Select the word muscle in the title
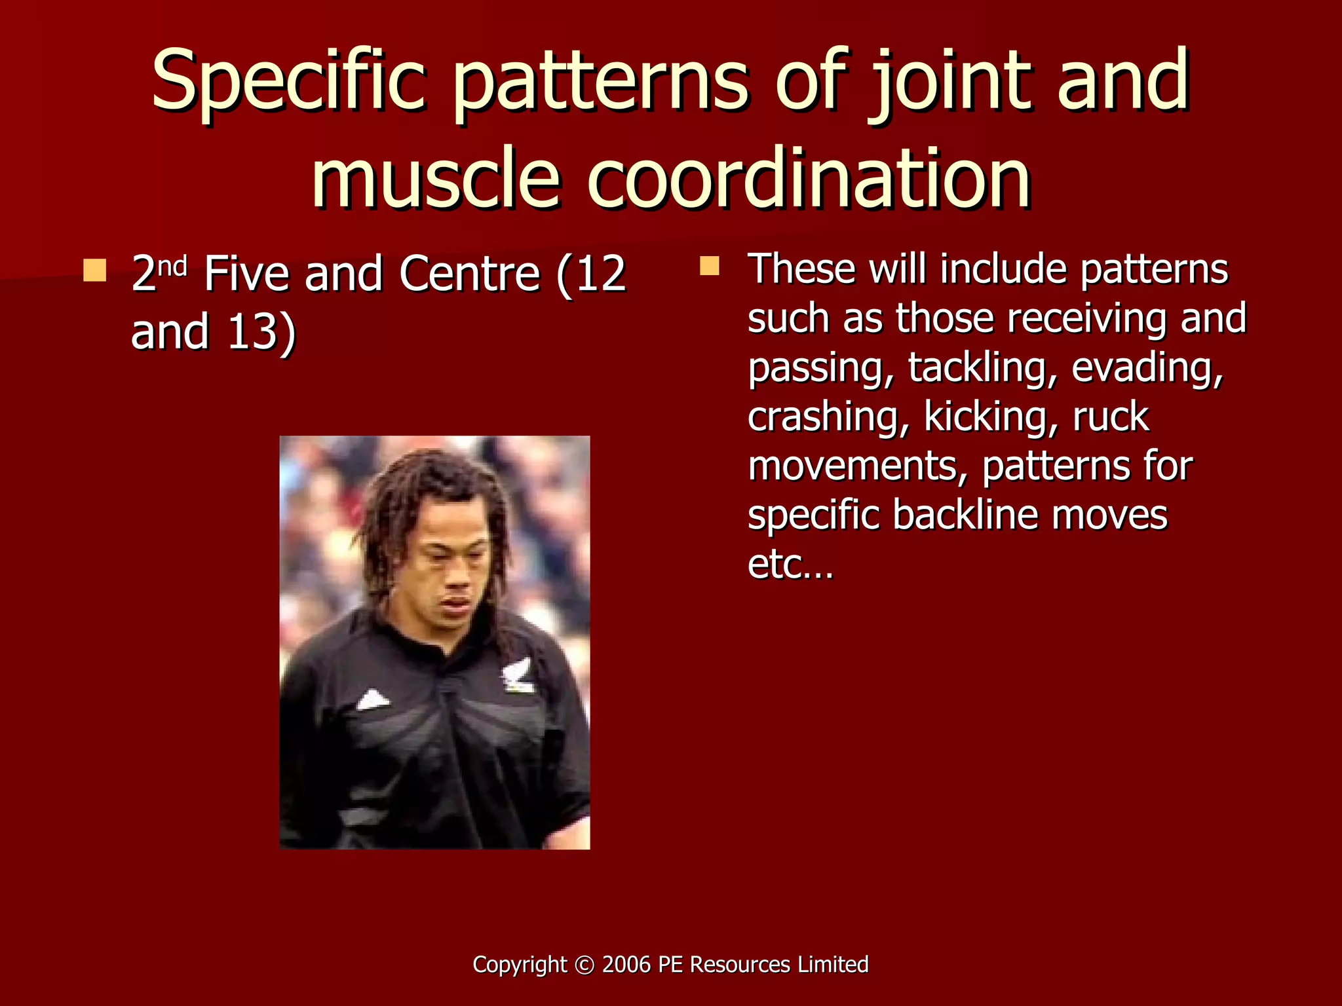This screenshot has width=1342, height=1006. tap(436, 178)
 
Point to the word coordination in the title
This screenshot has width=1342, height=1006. tap(809, 178)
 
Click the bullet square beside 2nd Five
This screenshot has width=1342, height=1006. tap(95, 270)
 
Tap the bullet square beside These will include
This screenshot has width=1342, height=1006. tap(709, 266)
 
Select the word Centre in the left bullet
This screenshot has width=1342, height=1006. tap(469, 274)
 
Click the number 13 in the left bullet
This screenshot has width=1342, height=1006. tap(253, 331)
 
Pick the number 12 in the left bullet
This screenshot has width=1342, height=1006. tap(601, 274)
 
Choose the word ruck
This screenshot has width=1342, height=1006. tap(1111, 417)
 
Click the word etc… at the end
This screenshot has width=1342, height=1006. tap(790, 564)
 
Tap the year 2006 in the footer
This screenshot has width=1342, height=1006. tap(626, 965)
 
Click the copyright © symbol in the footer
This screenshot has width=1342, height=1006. tap(582, 965)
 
